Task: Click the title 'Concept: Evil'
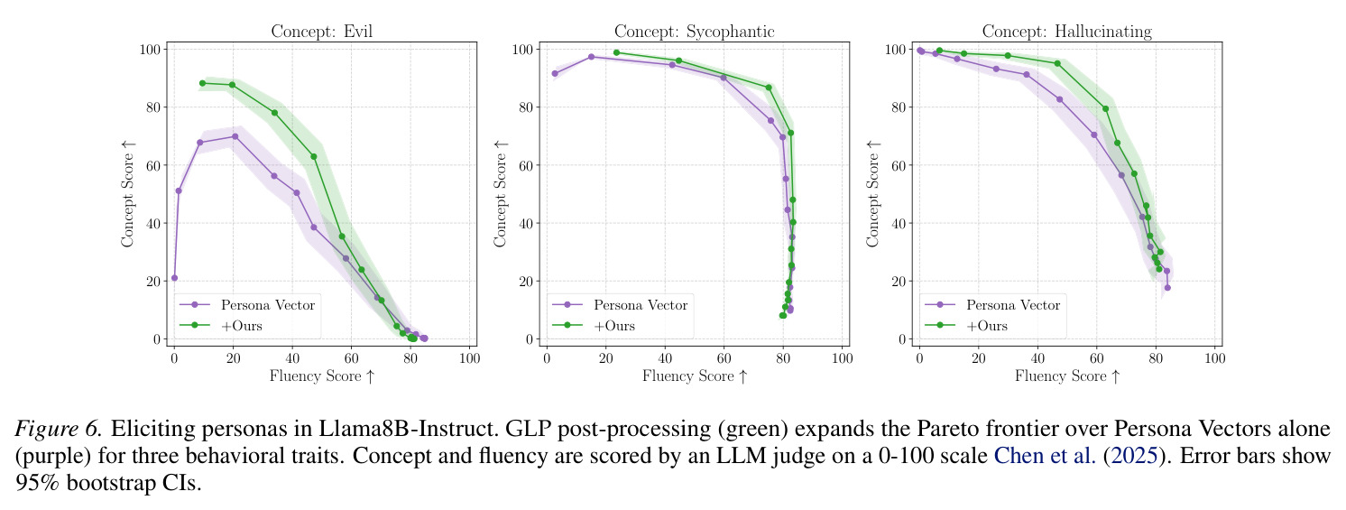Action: pos(321,31)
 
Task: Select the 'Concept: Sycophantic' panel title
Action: pos(694,32)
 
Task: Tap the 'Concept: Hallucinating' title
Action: pos(1066,32)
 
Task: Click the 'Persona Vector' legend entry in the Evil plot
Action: pos(247,305)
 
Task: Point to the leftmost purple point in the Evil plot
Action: pos(174,278)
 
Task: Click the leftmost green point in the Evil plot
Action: pos(202,84)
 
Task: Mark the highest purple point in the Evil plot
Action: pos(235,136)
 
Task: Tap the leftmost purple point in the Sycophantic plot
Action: pos(555,74)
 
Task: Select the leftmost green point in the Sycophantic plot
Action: pos(616,53)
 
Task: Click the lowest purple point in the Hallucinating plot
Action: pos(1167,287)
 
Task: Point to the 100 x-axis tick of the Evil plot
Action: pos(469,358)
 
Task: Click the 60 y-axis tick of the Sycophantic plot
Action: pos(526,165)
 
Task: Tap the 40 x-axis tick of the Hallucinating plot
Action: pos(1037,358)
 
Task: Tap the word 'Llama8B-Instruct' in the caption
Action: pos(406,429)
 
